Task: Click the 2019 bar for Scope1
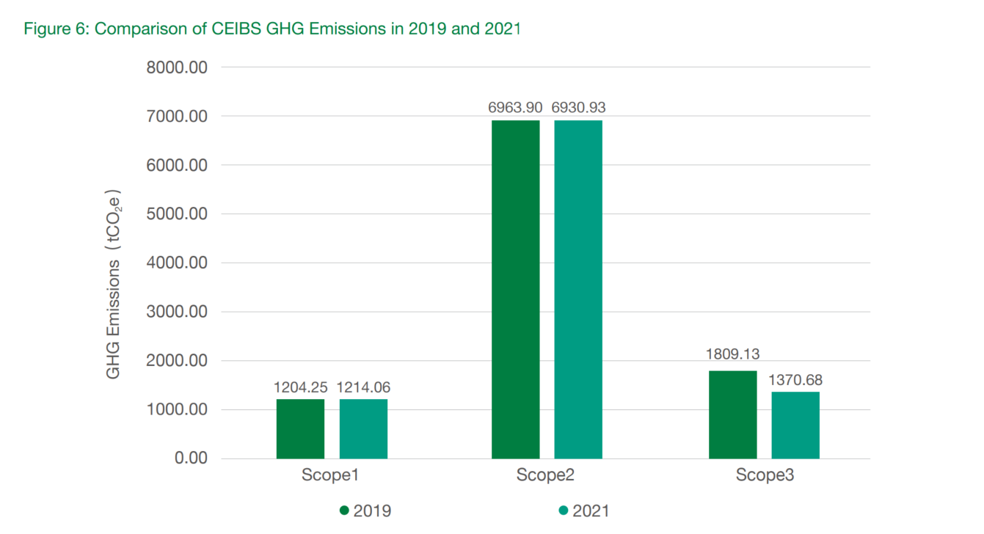pyautogui.click(x=300, y=429)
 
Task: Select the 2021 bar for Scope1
pyautogui.click(x=363, y=429)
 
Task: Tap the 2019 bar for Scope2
pyautogui.click(x=516, y=290)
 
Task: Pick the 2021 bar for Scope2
pyautogui.click(x=578, y=290)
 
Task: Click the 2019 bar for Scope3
pyautogui.click(x=732, y=414)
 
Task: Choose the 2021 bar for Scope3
pyautogui.click(x=795, y=425)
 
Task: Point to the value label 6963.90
pyautogui.click(x=515, y=108)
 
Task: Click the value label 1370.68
pyautogui.click(x=795, y=380)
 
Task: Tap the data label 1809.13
pyautogui.click(x=733, y=354)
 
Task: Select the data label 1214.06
pyautogui.click(x=363, y=387)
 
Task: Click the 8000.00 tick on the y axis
pyautogui.click(x=178, y=67)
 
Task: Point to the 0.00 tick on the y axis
pyautogui.click(x=189, y=458)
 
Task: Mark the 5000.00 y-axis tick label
pyautogui.click(x=178, y=214)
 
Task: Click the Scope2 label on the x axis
pyautogui.click(x=545, y=475)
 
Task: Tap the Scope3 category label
pyautogui.click(x=765, y=475)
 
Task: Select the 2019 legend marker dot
pyautogui.click(x=344, y=511)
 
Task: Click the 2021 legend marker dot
pyautogui.click(x=563, y=511)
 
